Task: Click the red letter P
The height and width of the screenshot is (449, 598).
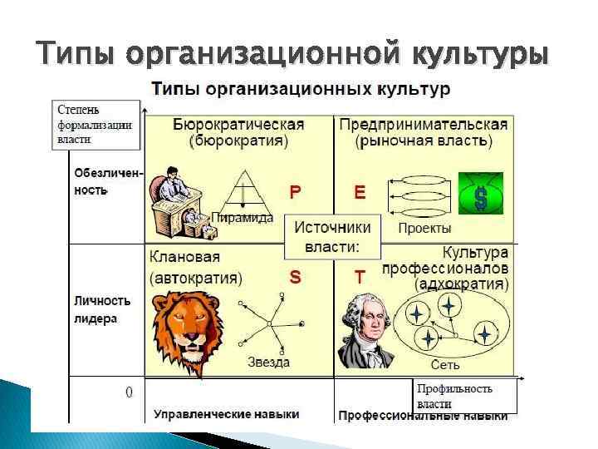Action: [x=295, y=192]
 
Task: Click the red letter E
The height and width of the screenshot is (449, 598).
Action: [x=360, y=192]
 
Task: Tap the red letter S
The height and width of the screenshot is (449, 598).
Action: [x=295, y=275]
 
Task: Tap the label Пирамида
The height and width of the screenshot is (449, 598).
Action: [x=242, y=218]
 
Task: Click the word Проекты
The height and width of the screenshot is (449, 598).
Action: [x=424, y=228]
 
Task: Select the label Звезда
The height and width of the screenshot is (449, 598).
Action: [x=268, y=362]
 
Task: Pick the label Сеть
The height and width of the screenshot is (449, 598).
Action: [x=445, y=364]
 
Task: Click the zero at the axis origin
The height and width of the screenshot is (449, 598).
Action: [x=129, y=391]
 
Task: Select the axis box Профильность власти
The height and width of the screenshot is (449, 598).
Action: [x=465, y=396]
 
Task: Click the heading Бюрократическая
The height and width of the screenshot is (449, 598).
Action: [x=238, y=124]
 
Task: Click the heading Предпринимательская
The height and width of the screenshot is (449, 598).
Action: [x=423, y=124]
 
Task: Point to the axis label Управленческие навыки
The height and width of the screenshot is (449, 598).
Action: [x=226, y=414]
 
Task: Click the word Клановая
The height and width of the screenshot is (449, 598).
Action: [x=179, y=257]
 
